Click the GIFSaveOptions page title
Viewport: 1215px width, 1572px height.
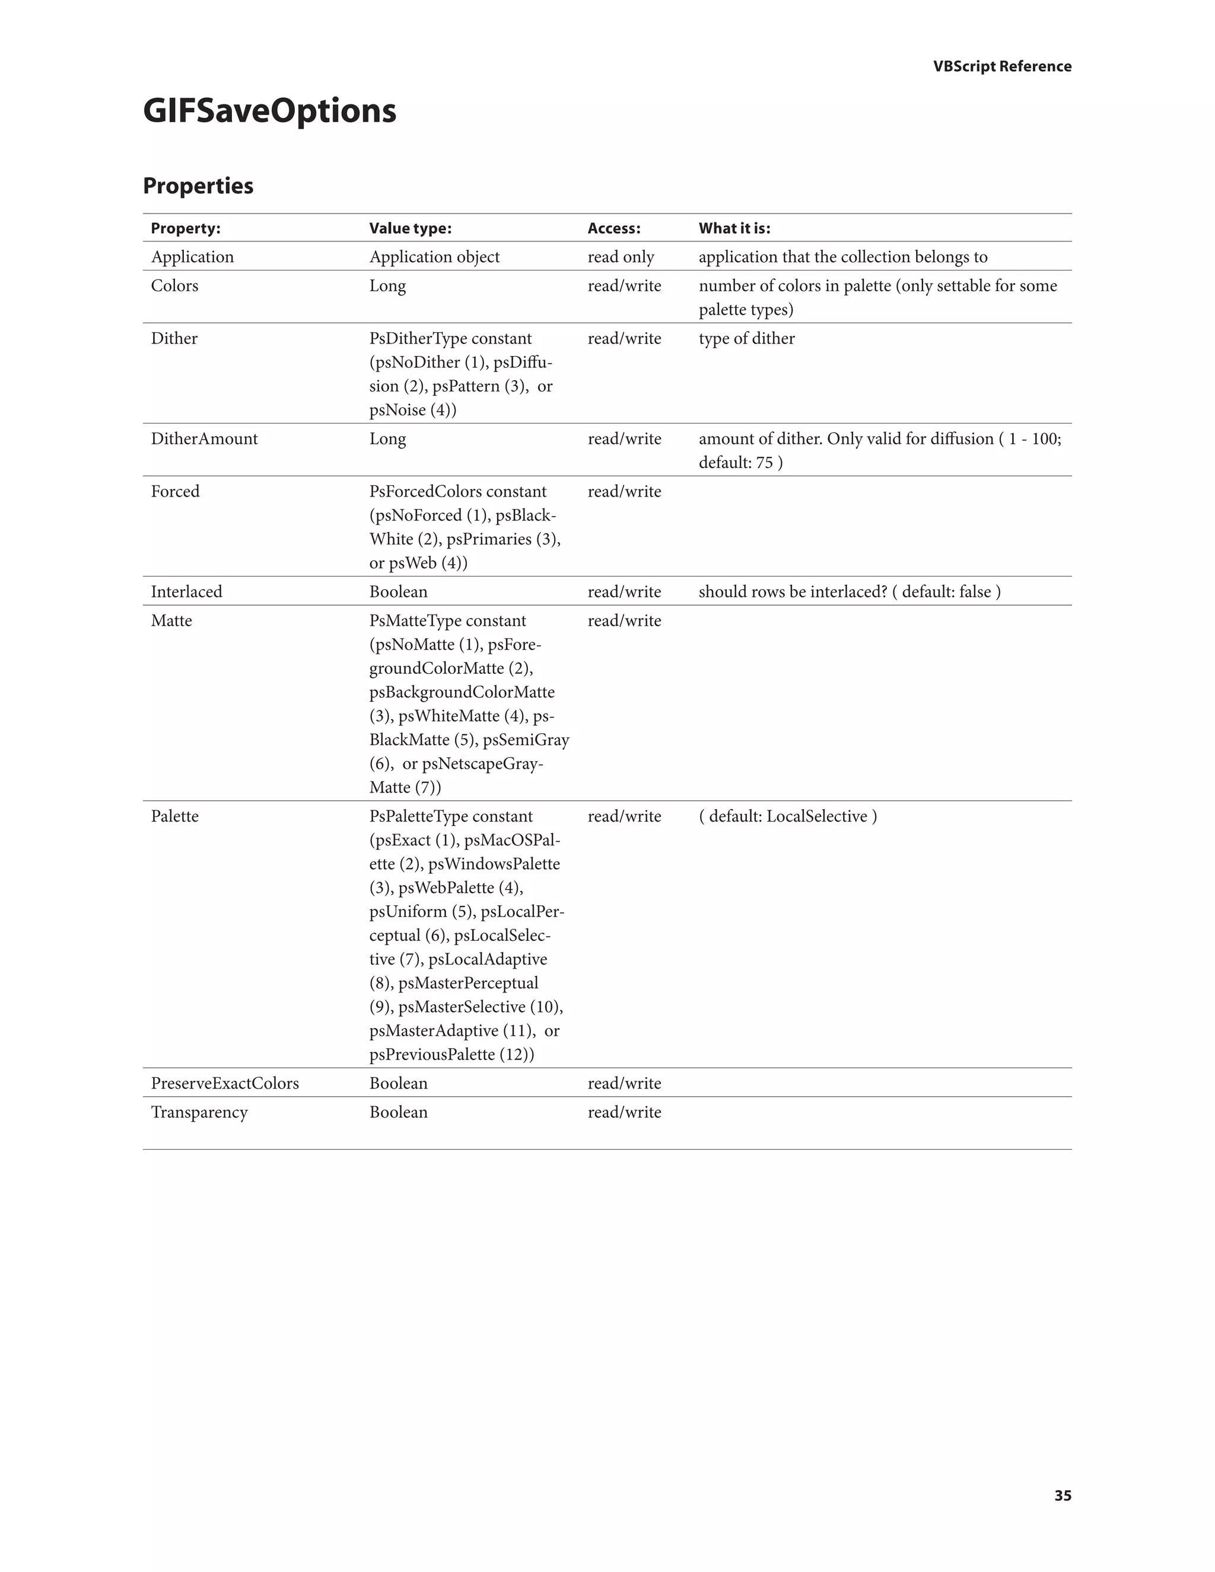[x=269, y=111]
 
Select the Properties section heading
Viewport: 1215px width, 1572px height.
[x=198, y=186]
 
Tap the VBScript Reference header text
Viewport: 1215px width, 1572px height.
[x=1002, y=66]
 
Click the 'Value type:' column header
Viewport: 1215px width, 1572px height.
[x=411, y=228]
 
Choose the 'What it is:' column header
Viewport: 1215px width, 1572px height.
[x=734, y=228]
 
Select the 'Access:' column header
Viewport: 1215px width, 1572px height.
[x=613, y=228]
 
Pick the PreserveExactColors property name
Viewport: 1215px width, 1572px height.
[x=225, y=1083]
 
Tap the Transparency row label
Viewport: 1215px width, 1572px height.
[x=199, y=1112]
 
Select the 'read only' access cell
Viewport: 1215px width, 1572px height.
[x=621, y=257]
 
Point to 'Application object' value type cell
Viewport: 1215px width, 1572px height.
[x=434, y=257]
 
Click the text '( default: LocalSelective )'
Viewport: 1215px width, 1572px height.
[x=787, y=816]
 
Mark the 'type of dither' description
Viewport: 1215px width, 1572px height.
[x=746, y=338]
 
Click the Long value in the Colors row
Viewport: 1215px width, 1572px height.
[x=387, y=286]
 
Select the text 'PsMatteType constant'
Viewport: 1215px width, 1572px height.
[x=447, y=620]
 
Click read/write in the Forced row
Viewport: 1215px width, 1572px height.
[x=624, y=492]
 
